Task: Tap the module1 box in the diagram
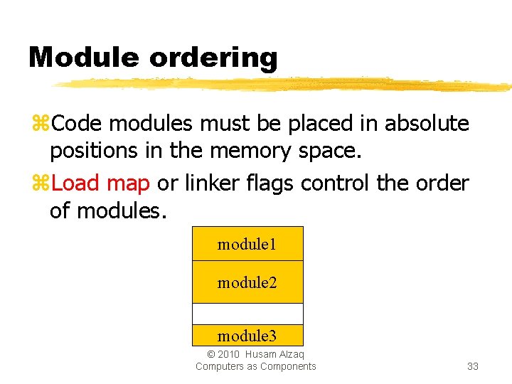[x=247, y=244]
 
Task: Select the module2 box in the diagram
[x=247, y=282]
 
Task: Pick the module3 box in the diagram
[x=247, y=336]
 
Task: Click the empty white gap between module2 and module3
[x=247, y=314]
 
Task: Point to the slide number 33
[x=472, y=366]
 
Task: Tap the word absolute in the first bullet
[x=427, y=124]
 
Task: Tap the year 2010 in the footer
[x=229, y=354]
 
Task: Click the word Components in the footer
[x=288, y=366]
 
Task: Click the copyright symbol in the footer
[x=210, y=354]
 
